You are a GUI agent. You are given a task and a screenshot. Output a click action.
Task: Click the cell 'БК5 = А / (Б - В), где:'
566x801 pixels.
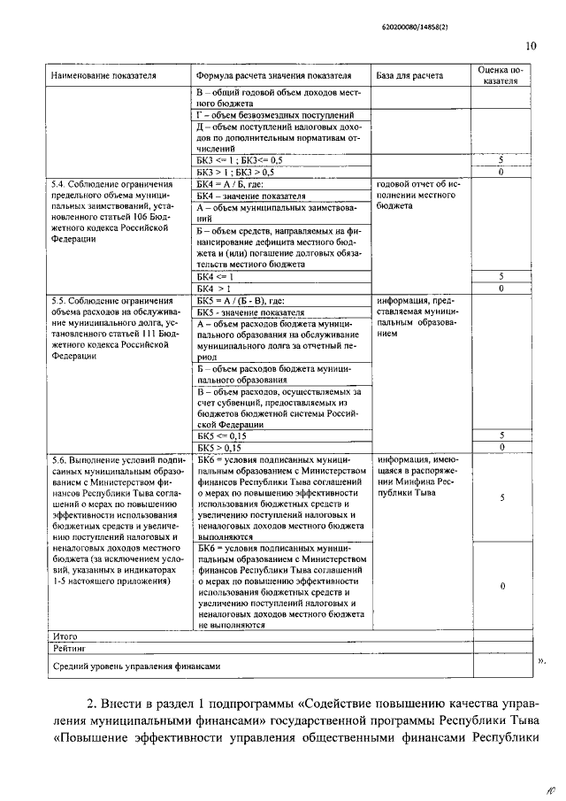point(240,300)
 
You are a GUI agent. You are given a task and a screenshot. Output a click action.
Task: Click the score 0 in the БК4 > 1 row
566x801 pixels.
point(501,288)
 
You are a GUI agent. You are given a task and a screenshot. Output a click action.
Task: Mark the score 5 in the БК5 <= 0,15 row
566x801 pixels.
point(501,436)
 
